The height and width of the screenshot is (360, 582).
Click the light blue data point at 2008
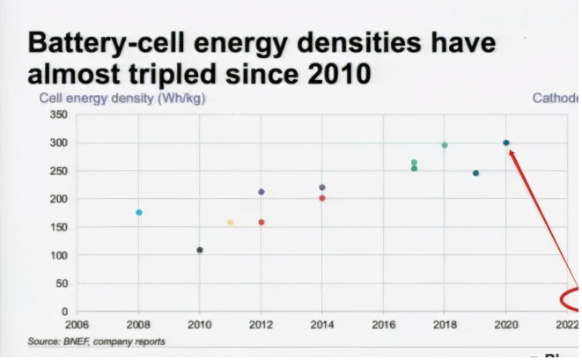click(x=139, y=212)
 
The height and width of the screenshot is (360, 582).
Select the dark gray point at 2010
click(x=200, y=250)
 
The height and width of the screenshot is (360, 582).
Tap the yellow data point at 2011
click(x=231, y=222)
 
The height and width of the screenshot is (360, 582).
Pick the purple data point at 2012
click(x=262, y=192)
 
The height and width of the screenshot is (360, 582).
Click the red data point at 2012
click(x=262, y=222)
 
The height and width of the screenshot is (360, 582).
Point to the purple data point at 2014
click(x=322, y=187)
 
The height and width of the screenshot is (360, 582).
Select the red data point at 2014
click(x=322, y=198)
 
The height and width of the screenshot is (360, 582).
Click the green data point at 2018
click(x=445, y=145)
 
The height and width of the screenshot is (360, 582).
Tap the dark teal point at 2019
click(x=475, y=173)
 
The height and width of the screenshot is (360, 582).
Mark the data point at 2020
click(x=506, y=143)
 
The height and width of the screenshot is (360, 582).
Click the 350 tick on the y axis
click(x=59, y=114)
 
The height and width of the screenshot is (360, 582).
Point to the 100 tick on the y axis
click(x=59, y=255)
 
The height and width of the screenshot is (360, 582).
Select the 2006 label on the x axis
click(x=77, y=325)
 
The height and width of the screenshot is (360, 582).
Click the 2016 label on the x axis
click(x=384, y=325)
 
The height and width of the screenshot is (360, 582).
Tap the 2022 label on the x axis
click(x=567, y=325)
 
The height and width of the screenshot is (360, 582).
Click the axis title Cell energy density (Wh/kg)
click(x=122, y=98)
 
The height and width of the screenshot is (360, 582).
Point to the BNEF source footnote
click(x=96, y=342)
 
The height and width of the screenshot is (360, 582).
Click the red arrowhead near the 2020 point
click(x=512, y=152)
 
